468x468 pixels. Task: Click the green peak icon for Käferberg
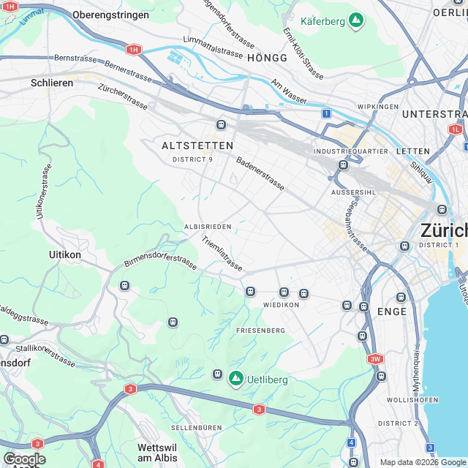click(356, 20)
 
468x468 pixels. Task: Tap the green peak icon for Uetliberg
click(236, 378)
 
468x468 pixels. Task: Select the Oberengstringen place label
click(110, 15)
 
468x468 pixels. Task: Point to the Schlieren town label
click(52, 83)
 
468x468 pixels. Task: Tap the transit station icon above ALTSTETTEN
click(221, 124)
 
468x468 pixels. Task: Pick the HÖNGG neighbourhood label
click(268, 57)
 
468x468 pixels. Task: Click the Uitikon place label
click(64, 254)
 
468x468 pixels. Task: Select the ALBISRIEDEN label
click(208, 227)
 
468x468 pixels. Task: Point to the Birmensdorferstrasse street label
click(160, 262)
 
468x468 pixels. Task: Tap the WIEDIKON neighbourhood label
click(282, 304)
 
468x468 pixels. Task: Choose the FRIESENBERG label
click(260, 331)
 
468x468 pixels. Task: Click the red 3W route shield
click(375, 359)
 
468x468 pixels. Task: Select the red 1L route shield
click(456, 129)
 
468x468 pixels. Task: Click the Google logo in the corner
click(24, 458)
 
